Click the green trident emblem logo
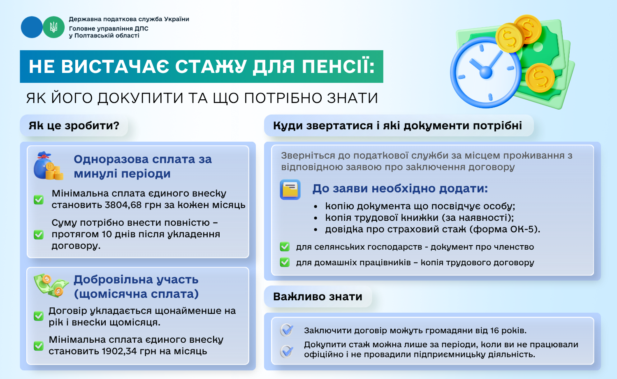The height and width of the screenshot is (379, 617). coord(54,27)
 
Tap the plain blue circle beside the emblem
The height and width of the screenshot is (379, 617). coord(32,27)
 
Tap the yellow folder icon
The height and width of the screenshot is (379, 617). coord(290,189)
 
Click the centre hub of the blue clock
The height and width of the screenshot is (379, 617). coord(486,73)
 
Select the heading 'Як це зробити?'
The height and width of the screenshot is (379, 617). coord(74,126)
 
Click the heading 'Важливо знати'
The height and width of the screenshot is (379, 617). coord(318,297)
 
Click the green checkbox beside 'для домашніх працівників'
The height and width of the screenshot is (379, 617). coord(285,262)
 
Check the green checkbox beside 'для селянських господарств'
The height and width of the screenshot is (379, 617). coord(285,247)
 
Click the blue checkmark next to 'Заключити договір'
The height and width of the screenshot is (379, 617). coord(287,330)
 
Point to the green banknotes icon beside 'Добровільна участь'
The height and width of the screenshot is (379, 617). coord(51,285)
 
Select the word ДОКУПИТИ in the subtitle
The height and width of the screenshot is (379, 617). coord(141,98)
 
